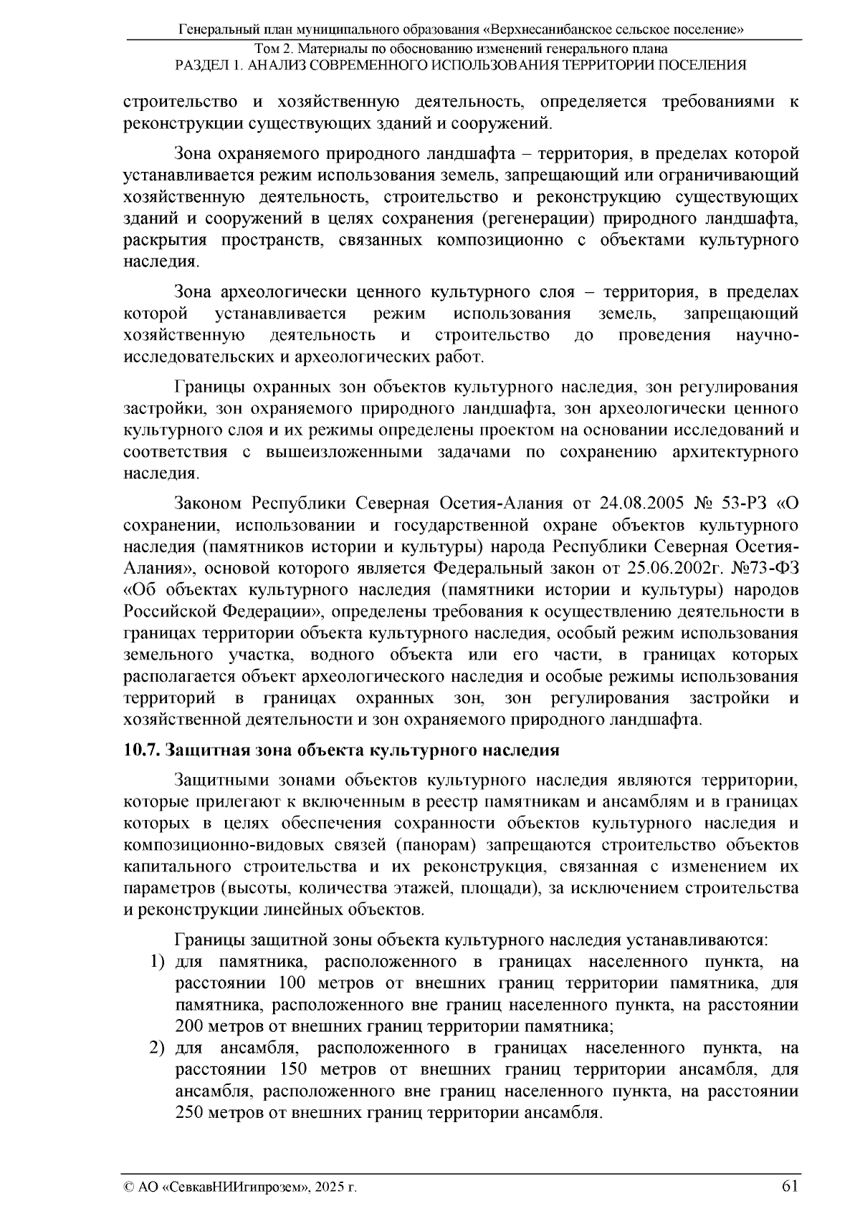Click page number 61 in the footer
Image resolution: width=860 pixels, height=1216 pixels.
click(x=790, y=1186)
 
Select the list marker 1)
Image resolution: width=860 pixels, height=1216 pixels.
click(x=157, y=961)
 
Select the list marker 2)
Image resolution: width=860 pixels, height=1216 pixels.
click(x=157, y=1048)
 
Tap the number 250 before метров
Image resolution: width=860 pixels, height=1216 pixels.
click(x=189, y=1114)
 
